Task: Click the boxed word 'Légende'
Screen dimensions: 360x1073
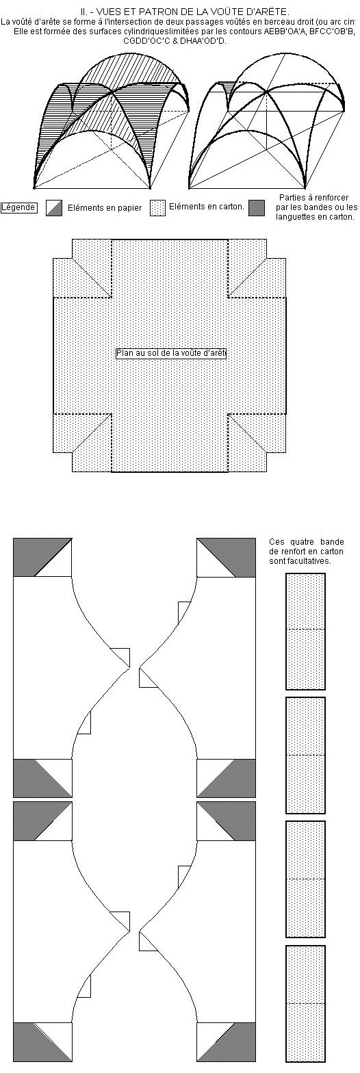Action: [x=18, y=207]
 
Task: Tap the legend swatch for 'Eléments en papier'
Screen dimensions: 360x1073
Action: [x=53, y=208]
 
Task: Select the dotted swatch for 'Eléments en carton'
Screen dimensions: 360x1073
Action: [x=157, y=208]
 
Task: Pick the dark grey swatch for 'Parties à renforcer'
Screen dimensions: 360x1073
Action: [x=257, y=208]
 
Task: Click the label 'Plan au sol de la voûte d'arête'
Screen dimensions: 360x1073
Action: [x=170, y=353]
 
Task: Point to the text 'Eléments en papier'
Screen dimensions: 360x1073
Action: [x=105, y=208]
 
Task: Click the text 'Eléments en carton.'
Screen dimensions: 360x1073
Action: [x=207, y=207]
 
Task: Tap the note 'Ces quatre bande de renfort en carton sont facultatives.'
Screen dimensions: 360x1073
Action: [x=307, y=552]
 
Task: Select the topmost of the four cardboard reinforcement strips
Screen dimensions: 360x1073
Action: [x=306, y=631]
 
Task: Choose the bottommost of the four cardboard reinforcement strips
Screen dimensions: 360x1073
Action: [x=306, y=1002]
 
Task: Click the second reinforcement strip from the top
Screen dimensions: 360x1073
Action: [x=306, y=755]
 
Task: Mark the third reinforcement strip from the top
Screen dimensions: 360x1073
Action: [x=306, y=879]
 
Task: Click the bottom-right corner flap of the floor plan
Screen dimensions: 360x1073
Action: [x=257, y=443]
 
